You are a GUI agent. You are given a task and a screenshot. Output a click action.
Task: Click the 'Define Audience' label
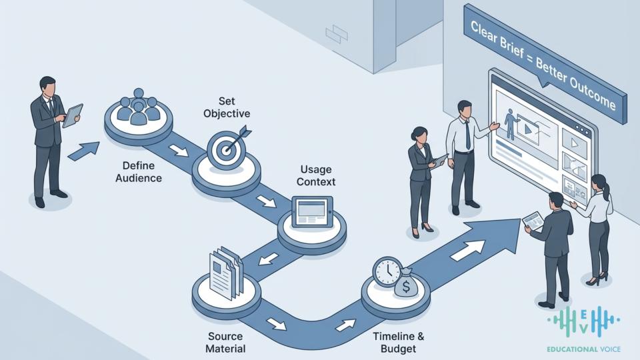[x=139, y=172]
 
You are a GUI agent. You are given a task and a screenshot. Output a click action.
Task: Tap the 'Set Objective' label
[x=227, y=107]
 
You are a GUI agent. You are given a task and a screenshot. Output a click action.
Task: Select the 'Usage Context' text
[x=316, y=175]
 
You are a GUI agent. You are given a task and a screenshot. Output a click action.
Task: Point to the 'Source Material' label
[x=225, y=343]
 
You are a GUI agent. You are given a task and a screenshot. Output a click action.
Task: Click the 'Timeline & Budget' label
[x=399, y=343]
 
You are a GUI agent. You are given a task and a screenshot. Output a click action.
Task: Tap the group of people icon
[x=139, y=107]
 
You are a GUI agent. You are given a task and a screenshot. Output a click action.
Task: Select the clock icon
[x=387, y=271]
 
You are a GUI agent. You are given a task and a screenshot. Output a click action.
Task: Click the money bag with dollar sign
[x=406, y=283]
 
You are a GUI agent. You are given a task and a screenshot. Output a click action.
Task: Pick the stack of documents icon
[x=226, y=272]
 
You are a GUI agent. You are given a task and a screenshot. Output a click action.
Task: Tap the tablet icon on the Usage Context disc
[x=312, y=211]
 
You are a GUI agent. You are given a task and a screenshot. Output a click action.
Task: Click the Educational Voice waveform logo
[x=583, y=321]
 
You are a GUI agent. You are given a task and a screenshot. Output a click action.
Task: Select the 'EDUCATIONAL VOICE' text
[x=584, y=349]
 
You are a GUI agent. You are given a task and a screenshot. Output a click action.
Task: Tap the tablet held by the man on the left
[x=73, y=115]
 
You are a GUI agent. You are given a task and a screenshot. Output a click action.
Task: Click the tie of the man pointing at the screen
[x=467, y=135]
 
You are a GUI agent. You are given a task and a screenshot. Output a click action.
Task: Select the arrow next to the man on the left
[x=83, y=151]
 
